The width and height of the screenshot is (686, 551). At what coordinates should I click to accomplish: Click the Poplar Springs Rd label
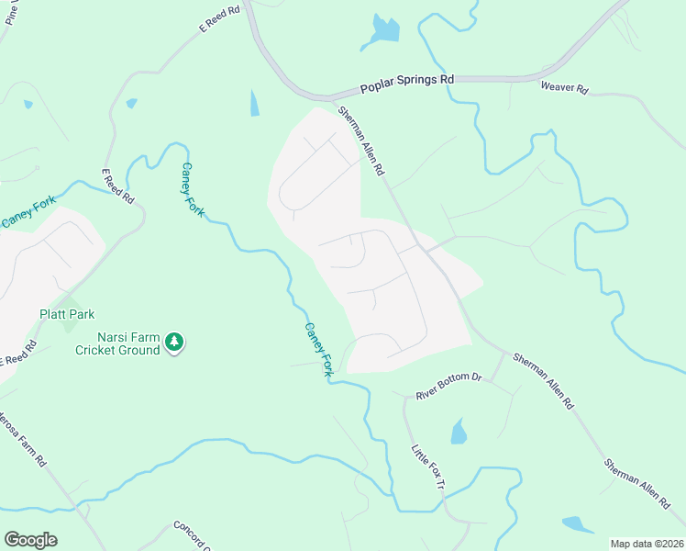pos(407,81)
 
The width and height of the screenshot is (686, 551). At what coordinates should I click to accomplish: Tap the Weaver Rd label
pos(564,88)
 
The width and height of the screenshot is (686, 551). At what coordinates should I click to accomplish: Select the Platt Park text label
pos(67,314)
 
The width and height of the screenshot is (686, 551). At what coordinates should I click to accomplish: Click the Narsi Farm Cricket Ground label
pos(118,343)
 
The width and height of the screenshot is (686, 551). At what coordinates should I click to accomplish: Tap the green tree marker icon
pos(174,343)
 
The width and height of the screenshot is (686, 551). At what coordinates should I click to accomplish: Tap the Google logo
pos(30,540)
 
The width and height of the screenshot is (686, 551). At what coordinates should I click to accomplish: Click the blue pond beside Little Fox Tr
pos(459,431)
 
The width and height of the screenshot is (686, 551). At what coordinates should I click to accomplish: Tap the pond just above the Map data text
pos(577,524)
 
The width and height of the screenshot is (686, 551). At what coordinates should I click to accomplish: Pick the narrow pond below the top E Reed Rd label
pos(254,103)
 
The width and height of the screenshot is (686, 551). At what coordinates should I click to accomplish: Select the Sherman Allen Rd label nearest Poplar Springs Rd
pos(360,141)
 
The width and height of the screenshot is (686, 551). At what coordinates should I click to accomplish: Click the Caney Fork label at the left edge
pos(28,212)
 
